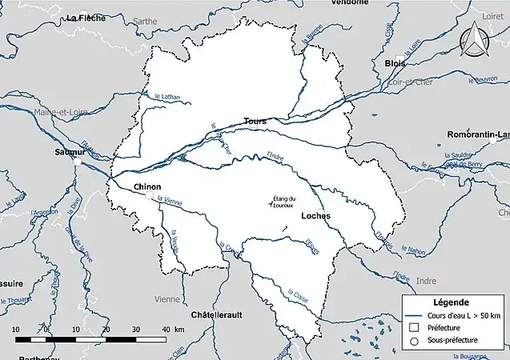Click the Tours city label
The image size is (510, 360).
pos(255,121)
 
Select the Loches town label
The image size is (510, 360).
pos(315,216)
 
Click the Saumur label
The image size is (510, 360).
pos(70,151)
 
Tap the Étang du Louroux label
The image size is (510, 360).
pos(283,202)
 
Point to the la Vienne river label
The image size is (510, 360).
pos(171,202)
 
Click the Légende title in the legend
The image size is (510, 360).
pos(452,303)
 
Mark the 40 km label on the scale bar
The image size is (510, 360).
pos(166,330)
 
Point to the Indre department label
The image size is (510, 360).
pos(427,281)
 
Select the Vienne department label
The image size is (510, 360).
pos(167,298)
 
